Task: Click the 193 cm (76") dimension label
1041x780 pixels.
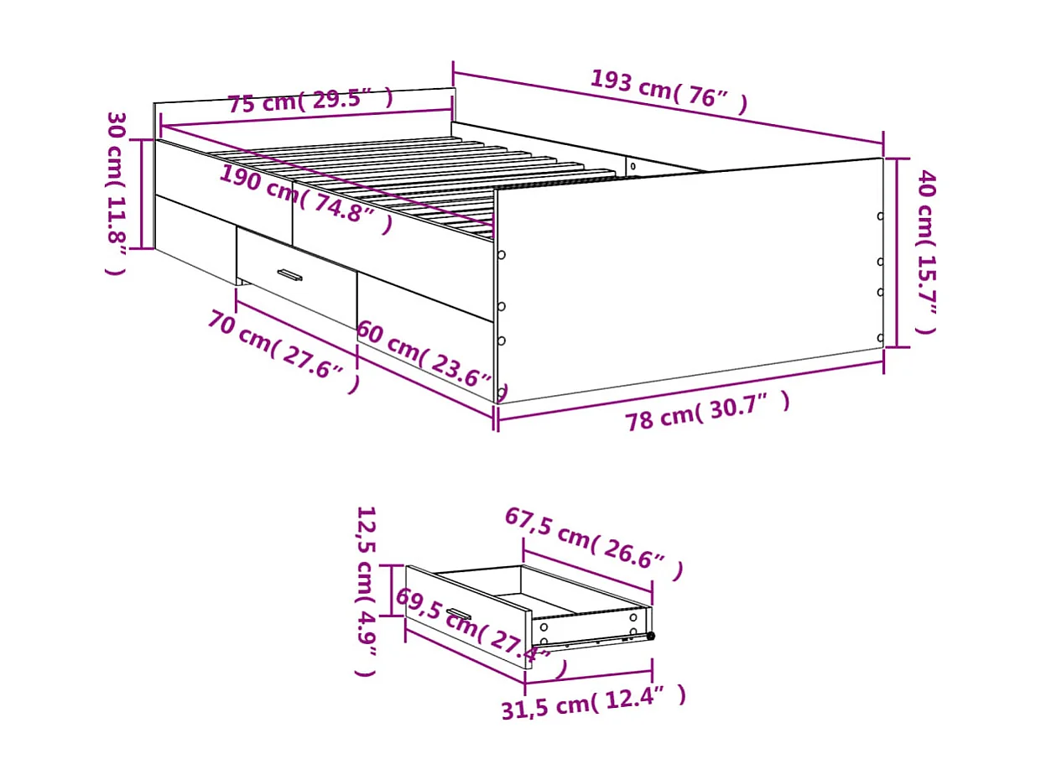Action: point(669,91)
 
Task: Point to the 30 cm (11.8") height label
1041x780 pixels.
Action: point(117,193)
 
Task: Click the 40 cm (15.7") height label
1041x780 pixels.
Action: point(925,252)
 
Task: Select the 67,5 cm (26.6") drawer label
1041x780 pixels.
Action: point(593,541)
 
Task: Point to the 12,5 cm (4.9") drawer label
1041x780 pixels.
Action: point(367,590)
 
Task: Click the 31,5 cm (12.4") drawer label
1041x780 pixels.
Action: point(594,704)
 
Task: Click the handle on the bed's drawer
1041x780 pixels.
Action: point(289,274)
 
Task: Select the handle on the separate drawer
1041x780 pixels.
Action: point(458,614)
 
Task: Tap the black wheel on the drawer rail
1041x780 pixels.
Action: point(650,636)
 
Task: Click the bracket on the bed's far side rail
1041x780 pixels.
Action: point(632,165)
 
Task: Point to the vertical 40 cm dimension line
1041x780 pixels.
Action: point(898,252)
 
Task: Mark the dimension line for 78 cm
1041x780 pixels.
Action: point(690,393)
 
